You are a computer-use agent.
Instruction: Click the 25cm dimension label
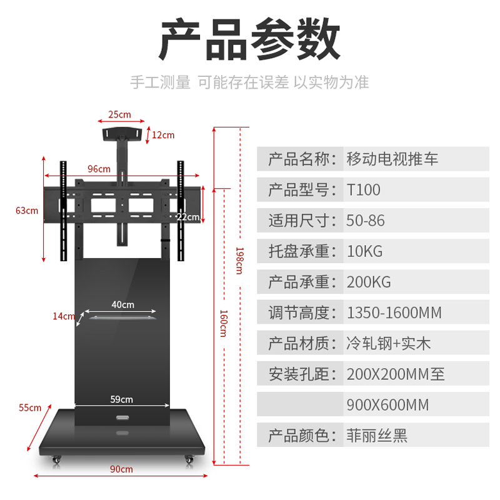[119, 114]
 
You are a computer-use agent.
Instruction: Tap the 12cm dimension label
[163, 135]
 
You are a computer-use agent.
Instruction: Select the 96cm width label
[99, 169]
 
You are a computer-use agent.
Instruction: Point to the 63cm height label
[27, 211]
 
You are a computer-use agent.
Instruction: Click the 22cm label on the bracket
[188, 217]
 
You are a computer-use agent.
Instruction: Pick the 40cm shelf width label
[122, 305]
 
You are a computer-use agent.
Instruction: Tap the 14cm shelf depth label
[64, 316]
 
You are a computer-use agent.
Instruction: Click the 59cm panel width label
[121, 399]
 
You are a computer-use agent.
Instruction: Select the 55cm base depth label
[30, 408]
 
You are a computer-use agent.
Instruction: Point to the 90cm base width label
[121, 469]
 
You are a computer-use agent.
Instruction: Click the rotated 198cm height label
[239, 261]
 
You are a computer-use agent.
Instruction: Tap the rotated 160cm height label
[224, 323]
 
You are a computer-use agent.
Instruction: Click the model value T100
[364, 190]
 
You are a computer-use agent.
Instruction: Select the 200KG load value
[369, 282]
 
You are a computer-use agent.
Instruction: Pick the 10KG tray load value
[364, 252]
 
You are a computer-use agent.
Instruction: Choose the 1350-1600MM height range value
[394, 313]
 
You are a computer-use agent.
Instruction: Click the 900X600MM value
[387, 405]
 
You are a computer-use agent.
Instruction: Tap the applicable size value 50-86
[366, 221]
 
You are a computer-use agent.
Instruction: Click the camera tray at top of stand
[121, 134]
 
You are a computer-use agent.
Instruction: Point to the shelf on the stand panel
[122, 318]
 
